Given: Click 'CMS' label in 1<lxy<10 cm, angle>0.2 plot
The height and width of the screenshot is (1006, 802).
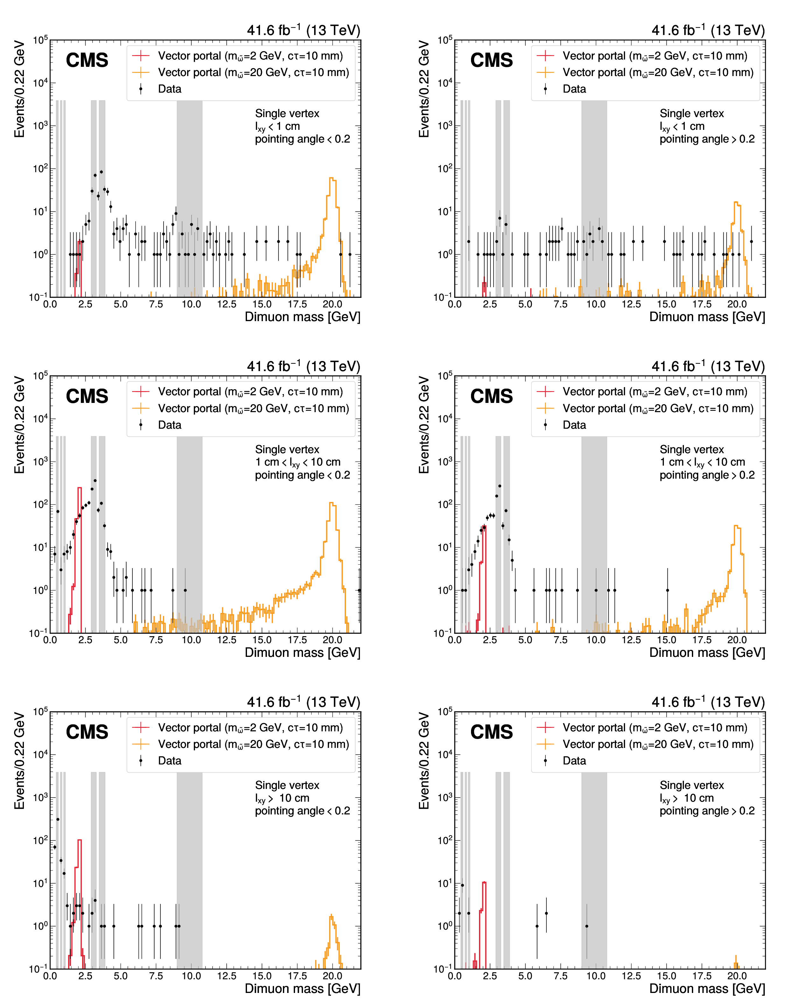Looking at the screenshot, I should point(491,397).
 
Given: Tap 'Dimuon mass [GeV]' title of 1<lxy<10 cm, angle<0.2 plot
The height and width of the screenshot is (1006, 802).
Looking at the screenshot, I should point(302,653).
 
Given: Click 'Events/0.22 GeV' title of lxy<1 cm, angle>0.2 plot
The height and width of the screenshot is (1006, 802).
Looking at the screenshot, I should point(424,89).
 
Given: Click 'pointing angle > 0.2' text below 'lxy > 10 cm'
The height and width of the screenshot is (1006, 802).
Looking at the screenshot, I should point(707,811).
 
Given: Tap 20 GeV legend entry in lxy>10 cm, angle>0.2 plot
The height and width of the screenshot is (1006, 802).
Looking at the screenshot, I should point(658,744).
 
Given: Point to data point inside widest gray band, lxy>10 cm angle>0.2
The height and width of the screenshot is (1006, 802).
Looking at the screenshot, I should point(587,926).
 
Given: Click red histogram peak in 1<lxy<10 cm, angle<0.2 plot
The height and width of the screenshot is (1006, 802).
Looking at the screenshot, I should point(79,488).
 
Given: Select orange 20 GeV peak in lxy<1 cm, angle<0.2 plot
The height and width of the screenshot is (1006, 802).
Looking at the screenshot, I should point(332,178).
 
